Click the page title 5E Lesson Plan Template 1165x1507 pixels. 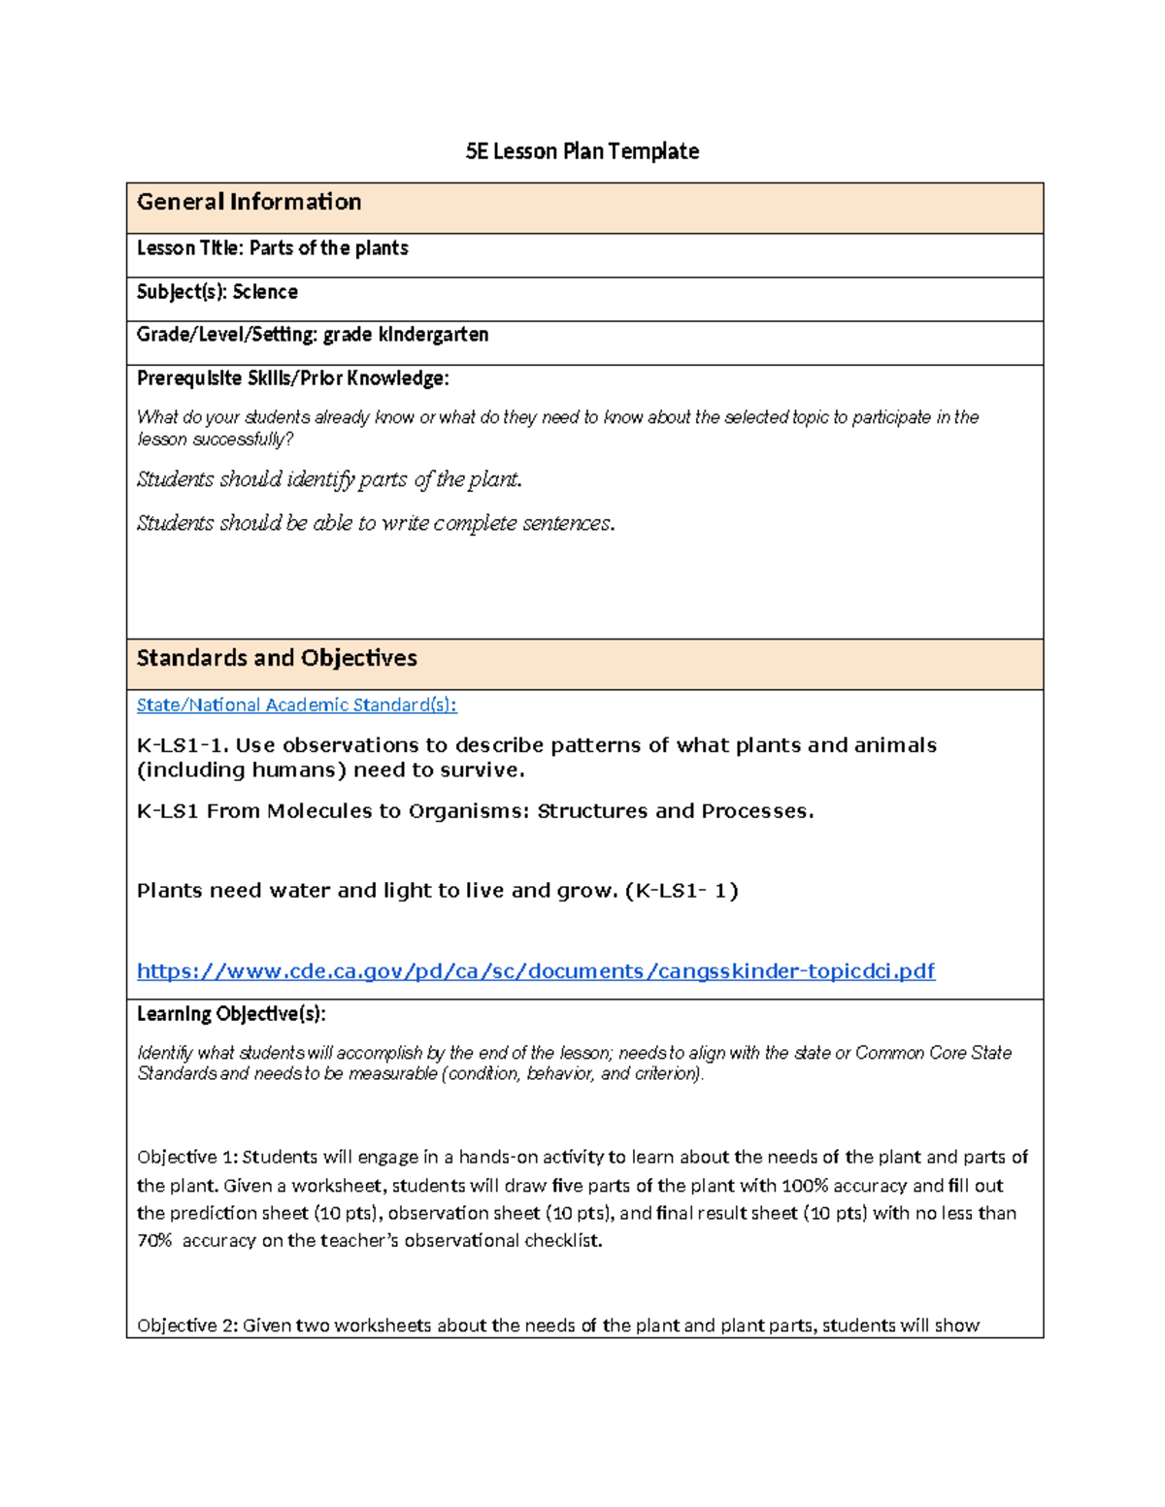click(582, 151)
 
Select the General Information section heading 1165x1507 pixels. click(249, 202)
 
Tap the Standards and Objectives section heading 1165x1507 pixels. click(277, 658)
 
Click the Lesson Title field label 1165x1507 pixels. click(190, 248)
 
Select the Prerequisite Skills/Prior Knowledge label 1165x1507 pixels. click(292, 378)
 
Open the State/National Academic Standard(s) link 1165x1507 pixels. click(296, 705)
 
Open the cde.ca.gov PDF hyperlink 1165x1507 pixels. click(536, 971)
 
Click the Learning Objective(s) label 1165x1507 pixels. click(231, 1014)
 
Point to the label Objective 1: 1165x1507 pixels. click(186, 1157)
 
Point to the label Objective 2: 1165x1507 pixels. click(186, 1326)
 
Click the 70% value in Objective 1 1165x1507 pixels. click(154, 1241)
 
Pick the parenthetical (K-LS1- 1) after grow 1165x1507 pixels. click(682, 891)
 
